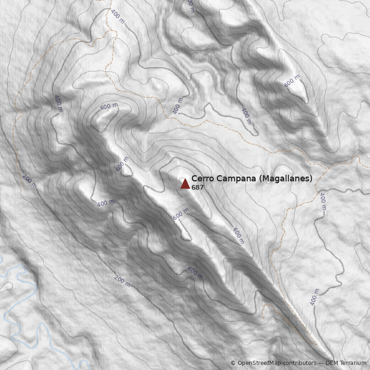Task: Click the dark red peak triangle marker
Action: click(185, 184)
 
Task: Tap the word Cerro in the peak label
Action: click(201, 179)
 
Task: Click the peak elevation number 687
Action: click(197, 188)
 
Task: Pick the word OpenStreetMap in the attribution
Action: click(259, 363)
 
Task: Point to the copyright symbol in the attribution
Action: click(233, 363)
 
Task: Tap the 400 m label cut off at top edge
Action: click(190, 6)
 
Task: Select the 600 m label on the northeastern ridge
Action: click(292, 81)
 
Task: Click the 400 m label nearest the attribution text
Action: click(315, 297)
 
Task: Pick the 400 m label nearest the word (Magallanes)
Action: click(323, 202)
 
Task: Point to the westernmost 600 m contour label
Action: click(109, 106)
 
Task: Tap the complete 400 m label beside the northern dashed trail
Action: click(117, 16)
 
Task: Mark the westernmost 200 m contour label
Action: click(30, 181)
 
